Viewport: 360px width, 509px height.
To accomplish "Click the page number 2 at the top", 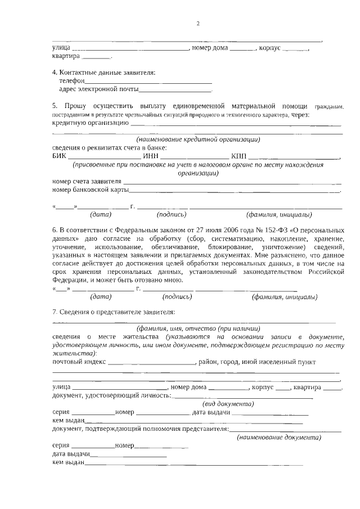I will [x=197, y=24].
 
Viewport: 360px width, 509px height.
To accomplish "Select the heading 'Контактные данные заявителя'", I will [x=107, y=73].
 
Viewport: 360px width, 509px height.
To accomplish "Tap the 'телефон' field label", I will [x=71, y=81].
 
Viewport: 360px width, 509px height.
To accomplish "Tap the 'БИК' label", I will [x=59, y=156].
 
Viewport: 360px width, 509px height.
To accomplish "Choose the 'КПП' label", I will [x=238, y=156].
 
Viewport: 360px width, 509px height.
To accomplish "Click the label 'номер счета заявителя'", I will [x=87, y=182].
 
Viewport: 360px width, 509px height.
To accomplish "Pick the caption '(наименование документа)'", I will [x=278, y=437].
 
